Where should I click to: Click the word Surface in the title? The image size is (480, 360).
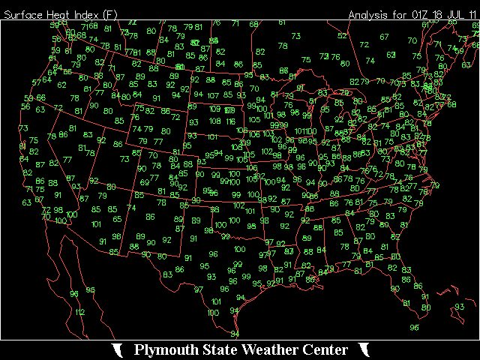point(22,15)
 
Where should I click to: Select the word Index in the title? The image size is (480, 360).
point(84,15)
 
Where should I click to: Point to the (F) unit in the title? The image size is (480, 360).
point(109,15)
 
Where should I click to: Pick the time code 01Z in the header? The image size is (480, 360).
point(419,15)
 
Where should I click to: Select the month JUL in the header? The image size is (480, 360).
point(457,15)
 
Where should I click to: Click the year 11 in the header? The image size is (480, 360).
point(473,15)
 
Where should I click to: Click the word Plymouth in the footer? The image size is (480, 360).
point(166,350)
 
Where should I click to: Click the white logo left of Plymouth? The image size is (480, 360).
point(118,350)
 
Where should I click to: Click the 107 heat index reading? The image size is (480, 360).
point(213,95)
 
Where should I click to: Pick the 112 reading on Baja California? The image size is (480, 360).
point(79,312)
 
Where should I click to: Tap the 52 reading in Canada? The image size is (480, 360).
point(342,35)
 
